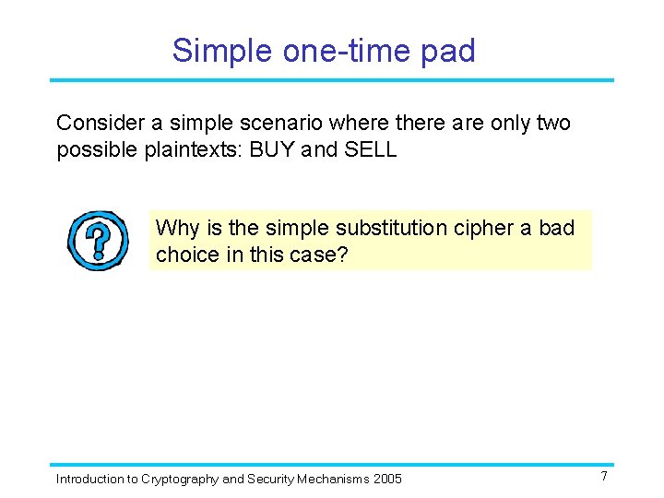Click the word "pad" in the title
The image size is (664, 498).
[x=447, y=50]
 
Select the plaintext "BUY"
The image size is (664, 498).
[x=275, y=149]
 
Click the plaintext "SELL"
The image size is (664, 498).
[x=370, y=149]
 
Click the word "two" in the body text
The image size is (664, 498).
[x=551, y=123]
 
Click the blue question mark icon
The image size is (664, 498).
[x=97, y=241]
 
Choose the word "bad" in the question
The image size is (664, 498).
[x=556, y=228]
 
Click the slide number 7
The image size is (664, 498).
[x=603, y=477]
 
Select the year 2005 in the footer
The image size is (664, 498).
[x=386, y=479]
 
